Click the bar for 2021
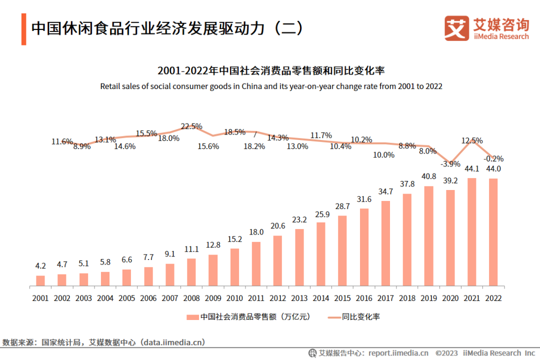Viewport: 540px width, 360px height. (x=471, y=232)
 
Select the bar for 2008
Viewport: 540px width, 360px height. (x=191, y=272)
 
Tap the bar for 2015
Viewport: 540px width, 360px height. (x=342, y=250)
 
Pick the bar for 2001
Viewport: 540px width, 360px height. (x=40, y=280)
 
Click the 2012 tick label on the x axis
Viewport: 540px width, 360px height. (x=277, y=298)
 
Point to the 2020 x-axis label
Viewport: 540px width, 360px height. (x=450, y=298)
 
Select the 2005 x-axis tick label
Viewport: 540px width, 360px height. (x=126, y=298)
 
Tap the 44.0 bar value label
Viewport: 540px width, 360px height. (x=493, y=168)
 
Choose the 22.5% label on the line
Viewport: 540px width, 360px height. (x=191, y=126)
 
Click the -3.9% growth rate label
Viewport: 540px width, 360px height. (x=450, y=164)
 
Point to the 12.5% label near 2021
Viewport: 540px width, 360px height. (x=472, y=140)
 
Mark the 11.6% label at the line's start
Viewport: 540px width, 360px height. (x=62, y=141)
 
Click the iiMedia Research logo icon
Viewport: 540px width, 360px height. (x=456, y=28)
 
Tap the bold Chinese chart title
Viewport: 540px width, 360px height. (x=270, y=70)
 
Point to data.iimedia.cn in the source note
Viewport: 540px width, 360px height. (x=173, y=342)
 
